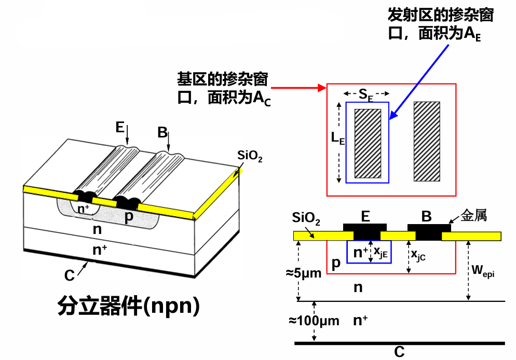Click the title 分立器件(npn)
click(x=128, y=306)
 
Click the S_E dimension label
click(x=366, y=94)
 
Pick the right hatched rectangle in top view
click(x=427, y=141)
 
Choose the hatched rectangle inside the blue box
click(x=368, y=143)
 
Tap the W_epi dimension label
click(x=482, y=270)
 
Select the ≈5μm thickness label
click(x=304, y=272)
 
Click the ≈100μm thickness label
click(x=314, y=321)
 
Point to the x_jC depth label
click(x=418, y=254)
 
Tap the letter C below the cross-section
click(x=399, y=353)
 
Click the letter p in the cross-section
click(x=336, y=264)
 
